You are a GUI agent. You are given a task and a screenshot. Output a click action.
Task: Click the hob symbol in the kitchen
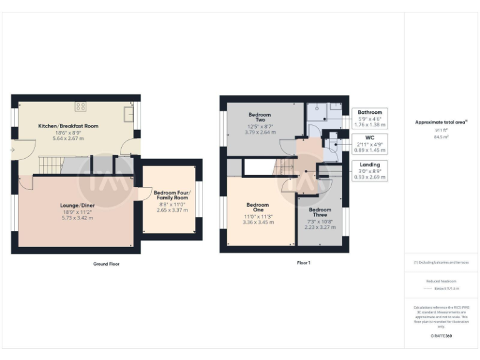(80, 106)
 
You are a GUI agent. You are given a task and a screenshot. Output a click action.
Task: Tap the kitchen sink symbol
(128, 113)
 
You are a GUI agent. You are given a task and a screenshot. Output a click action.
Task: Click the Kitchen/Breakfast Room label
(68, 126)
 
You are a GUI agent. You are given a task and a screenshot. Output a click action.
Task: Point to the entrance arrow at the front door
(13, 149)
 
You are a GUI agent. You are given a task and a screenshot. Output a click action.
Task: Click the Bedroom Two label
(259, 117)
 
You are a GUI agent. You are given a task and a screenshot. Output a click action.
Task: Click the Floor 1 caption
(303, 263)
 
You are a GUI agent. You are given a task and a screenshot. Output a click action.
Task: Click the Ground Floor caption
(106, 264)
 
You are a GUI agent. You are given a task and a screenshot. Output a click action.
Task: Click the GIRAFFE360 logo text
(441, 336)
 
